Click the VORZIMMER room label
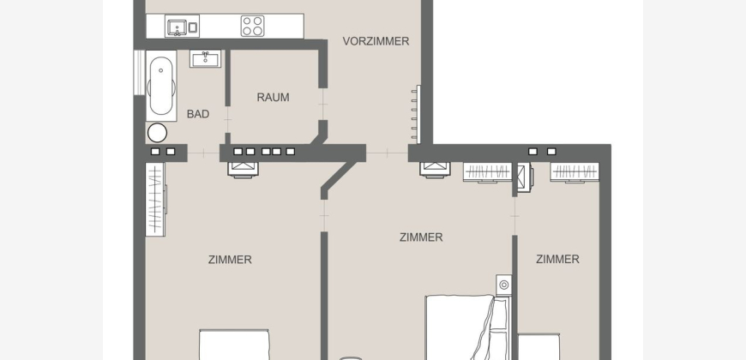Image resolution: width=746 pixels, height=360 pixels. pyautogui.click(x=376, y=41)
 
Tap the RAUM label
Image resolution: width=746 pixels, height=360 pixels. pyautogui.click(x=273, y=98)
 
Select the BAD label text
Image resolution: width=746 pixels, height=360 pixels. pyautogui.click(x=198, y=114)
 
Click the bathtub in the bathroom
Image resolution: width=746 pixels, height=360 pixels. pyautogui.click(x=161, y=86)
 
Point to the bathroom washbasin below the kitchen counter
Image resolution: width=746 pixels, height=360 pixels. pyautogui.click(x=206, y=58)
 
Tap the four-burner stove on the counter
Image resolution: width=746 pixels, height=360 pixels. pyautogui.click(x=252, y=26)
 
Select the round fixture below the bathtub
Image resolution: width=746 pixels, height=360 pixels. pyautogui.click(x=157, y=133)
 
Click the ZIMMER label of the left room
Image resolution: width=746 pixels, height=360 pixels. pyautogui.click(x=230, y=260)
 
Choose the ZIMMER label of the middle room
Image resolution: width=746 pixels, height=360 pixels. pyautogui.click(x=421, y=237)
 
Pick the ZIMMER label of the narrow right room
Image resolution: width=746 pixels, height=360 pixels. pyautogui.click(x=557, y=259)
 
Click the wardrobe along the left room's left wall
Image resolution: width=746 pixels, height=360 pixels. pyautogui.click(x=156, y=199)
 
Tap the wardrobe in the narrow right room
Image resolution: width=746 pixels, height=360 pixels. pyautogui.click(x=575, y=171)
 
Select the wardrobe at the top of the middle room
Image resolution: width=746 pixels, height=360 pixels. pyautogui.click(x=488, y=171)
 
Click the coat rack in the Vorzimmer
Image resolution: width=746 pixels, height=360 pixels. pyautogui.click(x=416, y=114)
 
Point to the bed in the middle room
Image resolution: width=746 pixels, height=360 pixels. pyautogui.click(x=466, y=327)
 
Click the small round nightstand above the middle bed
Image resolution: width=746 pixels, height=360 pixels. pyautogui.click(x=504, y=285)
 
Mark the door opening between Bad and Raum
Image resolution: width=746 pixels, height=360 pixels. pyautogui.click(x=227, y=119)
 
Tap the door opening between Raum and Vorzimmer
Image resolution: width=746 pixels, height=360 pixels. pyautogui.click(x=322, y=105)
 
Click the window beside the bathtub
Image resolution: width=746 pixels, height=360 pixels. pyautogui.click(x=139, y=72)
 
